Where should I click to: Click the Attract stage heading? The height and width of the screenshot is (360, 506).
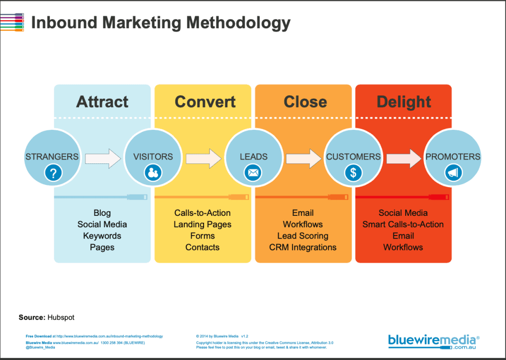(102, 102)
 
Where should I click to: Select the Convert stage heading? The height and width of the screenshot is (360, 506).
(205, 102)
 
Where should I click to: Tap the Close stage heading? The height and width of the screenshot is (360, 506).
(305, 102)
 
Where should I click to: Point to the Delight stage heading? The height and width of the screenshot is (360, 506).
(404, 102)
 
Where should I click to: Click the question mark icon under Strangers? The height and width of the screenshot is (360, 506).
(53, 173)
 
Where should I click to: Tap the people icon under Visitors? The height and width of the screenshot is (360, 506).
(153, 173)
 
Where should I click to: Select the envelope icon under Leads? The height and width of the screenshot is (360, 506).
(253, 173)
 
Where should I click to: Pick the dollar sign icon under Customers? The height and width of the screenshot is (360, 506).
(353, 173)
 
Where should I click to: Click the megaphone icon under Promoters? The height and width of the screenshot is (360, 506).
(454, 173)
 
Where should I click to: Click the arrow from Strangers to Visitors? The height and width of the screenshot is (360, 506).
(103, 159)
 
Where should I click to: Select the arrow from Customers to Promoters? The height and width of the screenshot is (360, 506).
(404, 159)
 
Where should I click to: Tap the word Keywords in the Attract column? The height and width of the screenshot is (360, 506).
(102, 236)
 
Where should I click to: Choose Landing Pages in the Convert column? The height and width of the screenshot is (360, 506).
(202, 225)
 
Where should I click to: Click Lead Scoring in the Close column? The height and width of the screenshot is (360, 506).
(303, 236)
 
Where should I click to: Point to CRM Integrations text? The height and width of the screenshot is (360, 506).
(303, 247)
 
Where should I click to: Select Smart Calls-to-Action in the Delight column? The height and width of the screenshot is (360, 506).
(403, 225)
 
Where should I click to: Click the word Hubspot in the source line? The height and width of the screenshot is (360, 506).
(61, 318)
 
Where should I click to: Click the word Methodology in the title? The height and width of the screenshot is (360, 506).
(238, 23)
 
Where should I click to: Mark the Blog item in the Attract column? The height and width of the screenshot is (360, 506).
(102, 213)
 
